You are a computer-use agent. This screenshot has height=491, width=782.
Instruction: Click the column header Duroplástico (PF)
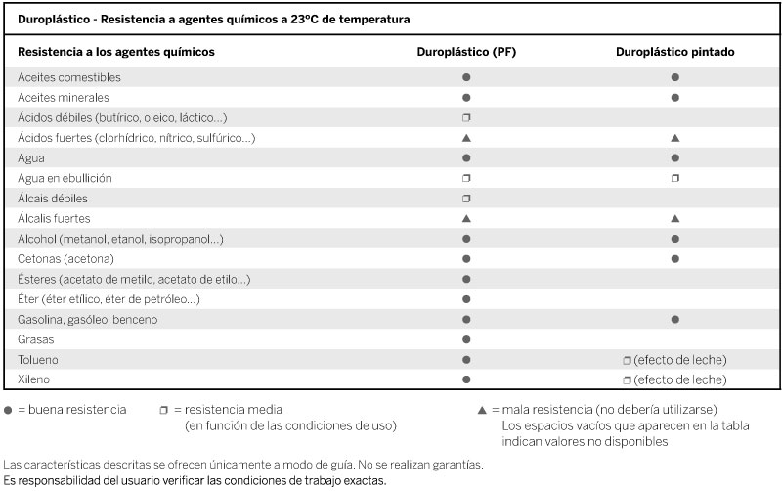click(x=466, y=52)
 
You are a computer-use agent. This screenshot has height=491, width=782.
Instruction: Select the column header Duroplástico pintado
click(x=674, y=52)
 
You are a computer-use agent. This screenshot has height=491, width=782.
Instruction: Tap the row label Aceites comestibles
click(x=69, y=77)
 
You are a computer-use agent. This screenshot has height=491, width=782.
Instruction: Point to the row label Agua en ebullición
click(x=65, y=178)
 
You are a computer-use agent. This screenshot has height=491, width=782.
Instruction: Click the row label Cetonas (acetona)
click(x=65, y=259)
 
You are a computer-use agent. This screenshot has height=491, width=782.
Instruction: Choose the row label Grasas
click(x=36, y=339)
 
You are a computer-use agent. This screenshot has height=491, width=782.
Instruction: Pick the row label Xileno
click(x=33, y=379)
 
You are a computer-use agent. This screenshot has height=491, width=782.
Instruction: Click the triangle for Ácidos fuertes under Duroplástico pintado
click(x=675, y=138)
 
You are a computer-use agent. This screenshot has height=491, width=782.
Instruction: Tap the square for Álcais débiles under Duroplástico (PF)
click(x=466, y=199)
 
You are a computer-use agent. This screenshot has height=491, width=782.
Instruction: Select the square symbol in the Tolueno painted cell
click(x=627, y=360)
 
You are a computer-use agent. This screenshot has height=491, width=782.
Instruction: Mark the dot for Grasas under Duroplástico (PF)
click(x=466, y=339)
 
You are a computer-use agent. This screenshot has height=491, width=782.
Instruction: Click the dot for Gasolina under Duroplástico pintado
click(x=675, y=320)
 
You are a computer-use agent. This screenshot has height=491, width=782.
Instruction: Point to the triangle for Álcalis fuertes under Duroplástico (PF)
click(x=466, y=218)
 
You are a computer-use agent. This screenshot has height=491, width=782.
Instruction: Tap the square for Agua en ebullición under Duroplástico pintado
click(x=675, y=178)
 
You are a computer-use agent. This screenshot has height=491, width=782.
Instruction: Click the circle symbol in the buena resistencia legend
click(x=8, y=410)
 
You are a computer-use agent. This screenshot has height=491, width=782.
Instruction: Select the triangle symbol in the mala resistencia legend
click(x=482, y=410)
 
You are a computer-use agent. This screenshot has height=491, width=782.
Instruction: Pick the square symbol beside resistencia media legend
click(x=163, y=410)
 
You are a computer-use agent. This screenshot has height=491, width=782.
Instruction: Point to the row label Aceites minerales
click(x=64, y=98)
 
